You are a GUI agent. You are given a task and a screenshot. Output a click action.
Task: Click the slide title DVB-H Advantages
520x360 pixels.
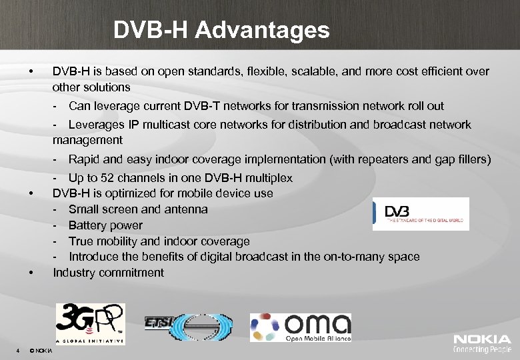click(221, 30)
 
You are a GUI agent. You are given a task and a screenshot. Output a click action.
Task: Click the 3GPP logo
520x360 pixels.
click(90, 323)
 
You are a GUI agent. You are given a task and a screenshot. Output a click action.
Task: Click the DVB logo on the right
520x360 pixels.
click(420, 214)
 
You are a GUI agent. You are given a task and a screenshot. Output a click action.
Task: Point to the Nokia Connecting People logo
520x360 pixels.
click(482, 343)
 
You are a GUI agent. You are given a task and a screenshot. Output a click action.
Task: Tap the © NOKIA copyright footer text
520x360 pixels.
click(41, 350)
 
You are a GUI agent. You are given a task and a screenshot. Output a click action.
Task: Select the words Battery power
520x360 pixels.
click(105, 225)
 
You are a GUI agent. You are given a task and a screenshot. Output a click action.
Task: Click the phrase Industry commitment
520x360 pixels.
click(108, 272)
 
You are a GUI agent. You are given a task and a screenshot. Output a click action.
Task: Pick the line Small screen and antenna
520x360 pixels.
click(138, 209)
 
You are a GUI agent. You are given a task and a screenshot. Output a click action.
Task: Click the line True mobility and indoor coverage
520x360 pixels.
click(159, 241)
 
